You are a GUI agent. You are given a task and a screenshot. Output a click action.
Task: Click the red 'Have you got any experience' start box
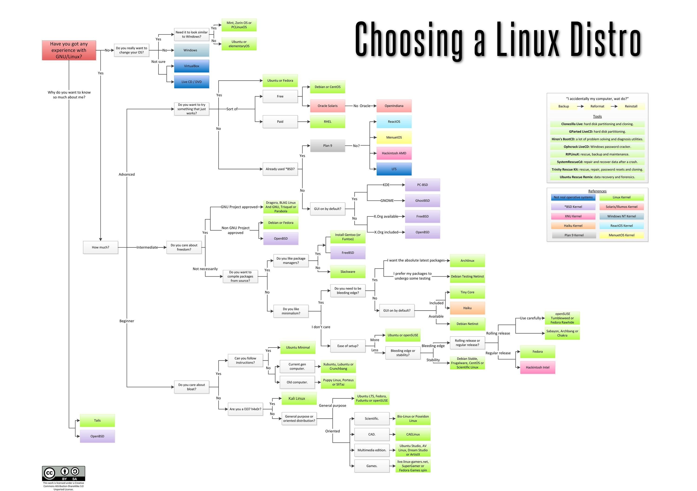[x=69, y=50]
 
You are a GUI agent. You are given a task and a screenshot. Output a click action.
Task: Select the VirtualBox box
[x=191, y=66]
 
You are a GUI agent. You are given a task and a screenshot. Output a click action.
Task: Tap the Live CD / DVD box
[x=191, y=82]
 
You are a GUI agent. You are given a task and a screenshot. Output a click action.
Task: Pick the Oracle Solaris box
[x=328, y=106]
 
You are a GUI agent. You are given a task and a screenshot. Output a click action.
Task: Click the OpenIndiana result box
[x=394, y=106]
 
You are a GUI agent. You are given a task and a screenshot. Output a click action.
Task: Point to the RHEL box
[x=328, y=122]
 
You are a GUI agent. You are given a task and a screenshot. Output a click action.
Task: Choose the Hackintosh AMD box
[x=394, y=153]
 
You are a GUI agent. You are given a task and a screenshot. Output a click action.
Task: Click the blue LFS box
[x=394, y=169]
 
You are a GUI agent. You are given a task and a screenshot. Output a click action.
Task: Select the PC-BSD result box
[x=422, y=185]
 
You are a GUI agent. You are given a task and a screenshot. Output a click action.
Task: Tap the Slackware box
[x=348, y=272]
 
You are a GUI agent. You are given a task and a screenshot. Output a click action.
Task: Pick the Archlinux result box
[x=467, y=261]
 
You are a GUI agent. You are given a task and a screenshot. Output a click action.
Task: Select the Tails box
[x=97, y=420]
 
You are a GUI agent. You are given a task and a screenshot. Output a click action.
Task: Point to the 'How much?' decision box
[x=100, y=247]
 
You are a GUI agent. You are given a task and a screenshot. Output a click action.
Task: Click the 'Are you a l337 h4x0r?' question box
[x=245, y=409]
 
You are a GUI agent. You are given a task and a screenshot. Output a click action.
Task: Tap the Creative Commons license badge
[x=63, y=473]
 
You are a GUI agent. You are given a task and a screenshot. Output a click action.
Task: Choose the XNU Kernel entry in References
[x=573, y=216]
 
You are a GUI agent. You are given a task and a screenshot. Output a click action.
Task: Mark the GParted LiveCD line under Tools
[x=597, y=132]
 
